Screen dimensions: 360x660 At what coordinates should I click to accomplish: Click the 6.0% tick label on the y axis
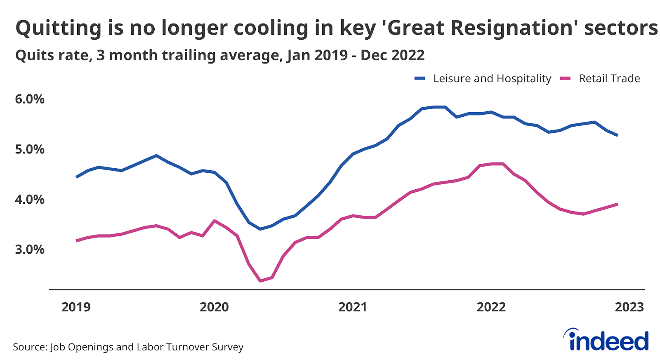30,99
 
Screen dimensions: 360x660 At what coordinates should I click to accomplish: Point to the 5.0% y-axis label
30,149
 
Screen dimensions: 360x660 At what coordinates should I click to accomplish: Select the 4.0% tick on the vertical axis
30,200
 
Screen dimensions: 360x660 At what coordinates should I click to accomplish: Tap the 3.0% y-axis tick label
30,249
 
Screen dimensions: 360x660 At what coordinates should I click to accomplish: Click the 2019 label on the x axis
76,307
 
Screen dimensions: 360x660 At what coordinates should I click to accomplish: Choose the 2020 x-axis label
214,307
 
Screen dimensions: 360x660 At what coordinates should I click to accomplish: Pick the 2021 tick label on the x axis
353,307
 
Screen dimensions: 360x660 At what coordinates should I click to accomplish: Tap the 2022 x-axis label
491,307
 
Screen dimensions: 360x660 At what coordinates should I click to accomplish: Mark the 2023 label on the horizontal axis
629,307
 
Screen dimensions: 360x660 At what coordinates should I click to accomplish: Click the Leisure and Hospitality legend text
492,79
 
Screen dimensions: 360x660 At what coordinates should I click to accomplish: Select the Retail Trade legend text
609,79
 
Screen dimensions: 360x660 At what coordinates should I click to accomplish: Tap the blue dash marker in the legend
420,78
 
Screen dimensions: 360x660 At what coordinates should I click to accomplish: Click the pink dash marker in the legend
565,78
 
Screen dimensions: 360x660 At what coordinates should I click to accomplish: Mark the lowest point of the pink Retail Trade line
260,281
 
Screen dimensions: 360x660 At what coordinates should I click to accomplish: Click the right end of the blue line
617,135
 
